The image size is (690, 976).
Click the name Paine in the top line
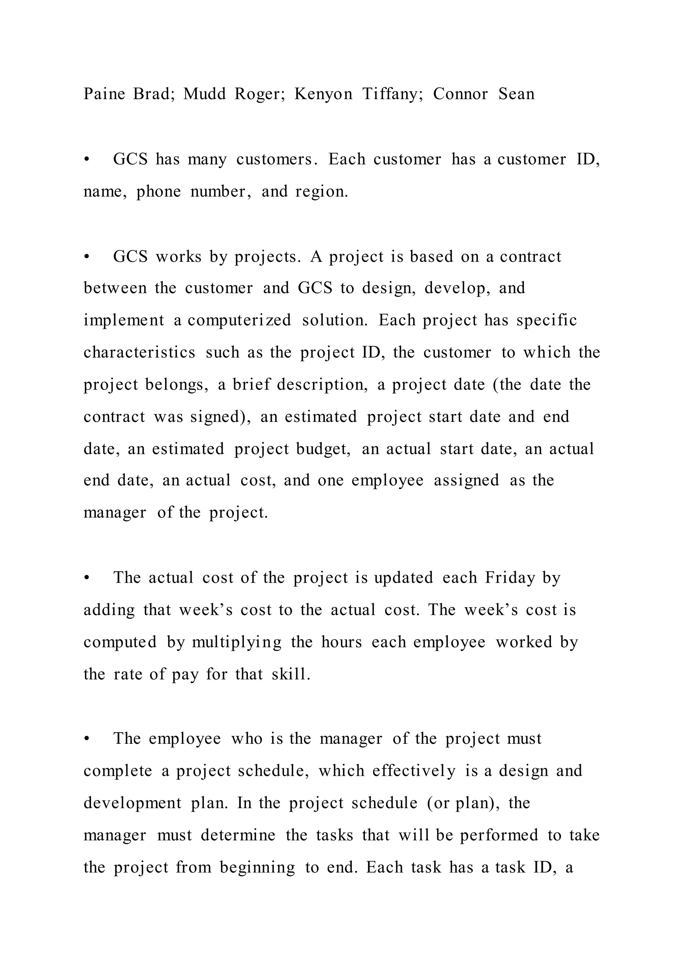pyautogui.click(x=104, y=94)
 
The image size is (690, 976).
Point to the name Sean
pyautogui.click(x=516, y=94)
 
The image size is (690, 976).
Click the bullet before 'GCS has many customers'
pyautogui.click(x=87, y=160)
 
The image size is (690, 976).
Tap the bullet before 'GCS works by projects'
pyautogui.click(x=87, y=257)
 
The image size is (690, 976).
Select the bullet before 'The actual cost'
pyautogui.click(x=87, y=578)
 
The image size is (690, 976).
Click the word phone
pyautogui.click(x=158, y=192)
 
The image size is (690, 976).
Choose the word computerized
pyautogui.click(x=239, y=321)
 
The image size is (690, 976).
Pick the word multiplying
pyautogui.click(x=237, y=642)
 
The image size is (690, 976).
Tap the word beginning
pyautogui.click(x=257, y=867)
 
